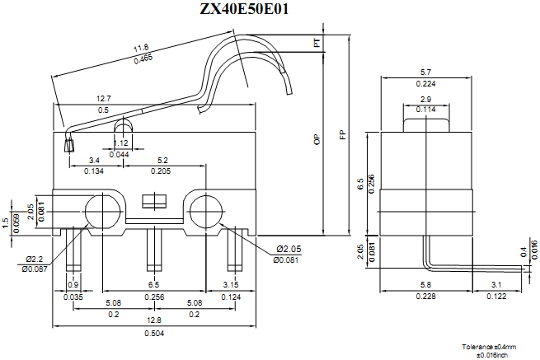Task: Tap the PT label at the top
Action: [x=317, y=43]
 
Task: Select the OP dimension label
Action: [x=317, y=140]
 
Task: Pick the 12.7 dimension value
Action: [x=104, y=98]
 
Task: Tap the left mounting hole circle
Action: [x=103, y=210]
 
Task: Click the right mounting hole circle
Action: [x=203, y=210]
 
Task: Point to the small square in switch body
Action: [x=153, y=201]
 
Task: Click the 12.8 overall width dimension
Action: [x=153, y=320]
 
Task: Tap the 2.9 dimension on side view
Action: [x=426, y=99]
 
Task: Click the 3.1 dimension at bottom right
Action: [x=497, y=284]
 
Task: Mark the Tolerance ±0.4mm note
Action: [x=488, y=347]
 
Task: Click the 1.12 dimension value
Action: [x=120, y=143]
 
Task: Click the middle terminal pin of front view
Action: [x=153, y=250]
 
